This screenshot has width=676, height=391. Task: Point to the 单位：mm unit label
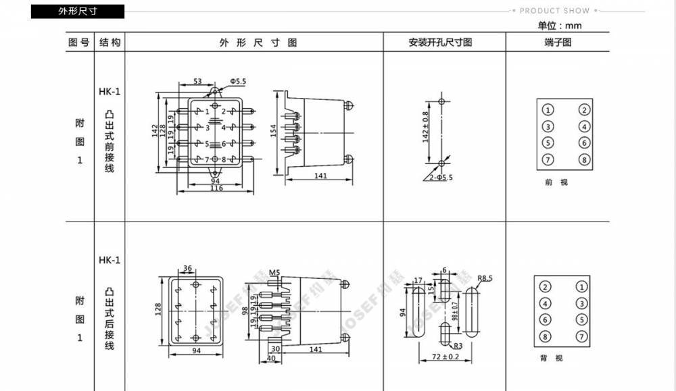point(559,26)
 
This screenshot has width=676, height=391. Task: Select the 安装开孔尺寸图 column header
point(440,42)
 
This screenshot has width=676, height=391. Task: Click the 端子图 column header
point(558,42)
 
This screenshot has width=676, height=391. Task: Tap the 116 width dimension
point(216,188)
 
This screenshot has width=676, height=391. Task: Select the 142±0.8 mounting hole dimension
point(425,127)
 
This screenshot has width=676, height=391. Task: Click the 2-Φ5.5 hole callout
point(440,178)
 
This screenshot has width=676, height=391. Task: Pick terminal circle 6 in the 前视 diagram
point(583,142)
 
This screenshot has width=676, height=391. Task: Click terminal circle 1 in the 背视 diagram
point(580,287)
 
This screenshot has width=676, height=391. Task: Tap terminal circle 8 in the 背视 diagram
point(546,336)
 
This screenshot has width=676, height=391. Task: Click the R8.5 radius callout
point(485,278)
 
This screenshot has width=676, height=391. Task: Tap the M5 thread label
point(274,273)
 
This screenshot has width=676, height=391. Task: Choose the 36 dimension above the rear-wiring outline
point(188,268)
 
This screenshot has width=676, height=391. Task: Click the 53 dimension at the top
point(197,81)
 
